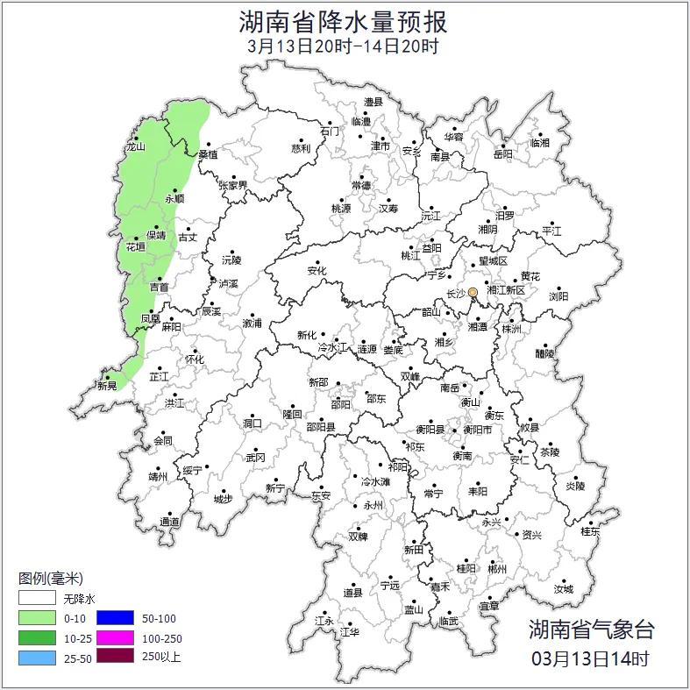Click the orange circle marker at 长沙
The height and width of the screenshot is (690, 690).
(x=473, y=292)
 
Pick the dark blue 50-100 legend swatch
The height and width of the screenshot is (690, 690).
(x=115, y=617)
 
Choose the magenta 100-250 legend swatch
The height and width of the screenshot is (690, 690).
(x=115, y=637)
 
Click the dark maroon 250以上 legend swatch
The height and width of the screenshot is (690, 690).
(x=115, y=656)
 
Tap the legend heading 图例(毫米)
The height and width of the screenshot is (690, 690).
(x=51, y=579)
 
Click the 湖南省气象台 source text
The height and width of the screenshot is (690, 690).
(x=591, y=629)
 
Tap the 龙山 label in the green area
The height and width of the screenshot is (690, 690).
(x=134, y=147)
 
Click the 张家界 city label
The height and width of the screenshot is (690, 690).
(x=232, y=185)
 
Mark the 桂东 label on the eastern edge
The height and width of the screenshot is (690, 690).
(x=590, y=531)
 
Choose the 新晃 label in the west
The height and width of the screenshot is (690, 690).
(x=107, y=386)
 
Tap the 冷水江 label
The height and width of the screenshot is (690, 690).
(x=332, y=349)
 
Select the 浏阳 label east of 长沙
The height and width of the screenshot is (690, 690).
(x=558, y=296)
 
